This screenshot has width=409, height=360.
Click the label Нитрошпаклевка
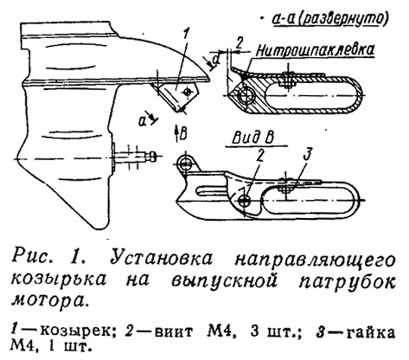coord(316,51)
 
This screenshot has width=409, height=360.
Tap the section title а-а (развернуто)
coord(329,19)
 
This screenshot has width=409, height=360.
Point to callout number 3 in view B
coord(308,155)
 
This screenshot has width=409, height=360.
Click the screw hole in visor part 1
coord(188,92)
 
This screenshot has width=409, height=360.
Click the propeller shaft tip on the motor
coord(152,157)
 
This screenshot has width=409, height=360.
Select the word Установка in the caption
coord(161,258)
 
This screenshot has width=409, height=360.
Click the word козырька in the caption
coord(59,280)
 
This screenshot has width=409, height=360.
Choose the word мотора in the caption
coord(48,299)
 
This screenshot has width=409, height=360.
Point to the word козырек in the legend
coord(75,332)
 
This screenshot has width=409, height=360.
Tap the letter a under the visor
coord(143,121)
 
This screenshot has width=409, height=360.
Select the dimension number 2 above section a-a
coord(240,43)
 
